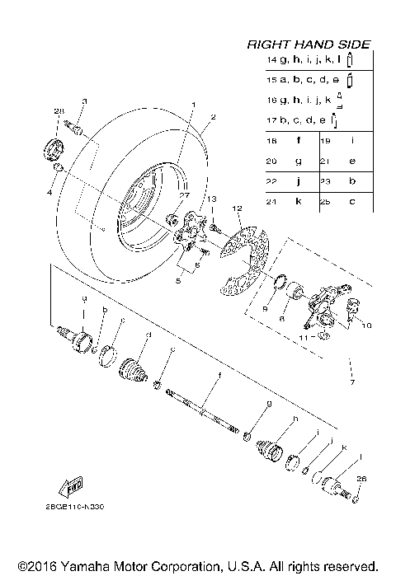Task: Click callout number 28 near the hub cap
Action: (x=59, y=111)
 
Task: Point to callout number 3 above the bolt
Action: (x=83, y=101)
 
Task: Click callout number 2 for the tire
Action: (x=211, y=117)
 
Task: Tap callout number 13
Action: (x=210, y=199)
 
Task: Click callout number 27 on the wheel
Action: (x=185, y=196)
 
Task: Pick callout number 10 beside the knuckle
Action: (x=366, y=325)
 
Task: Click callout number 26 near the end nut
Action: (x=360, y=479)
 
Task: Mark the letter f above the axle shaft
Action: (x=219, y=376)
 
